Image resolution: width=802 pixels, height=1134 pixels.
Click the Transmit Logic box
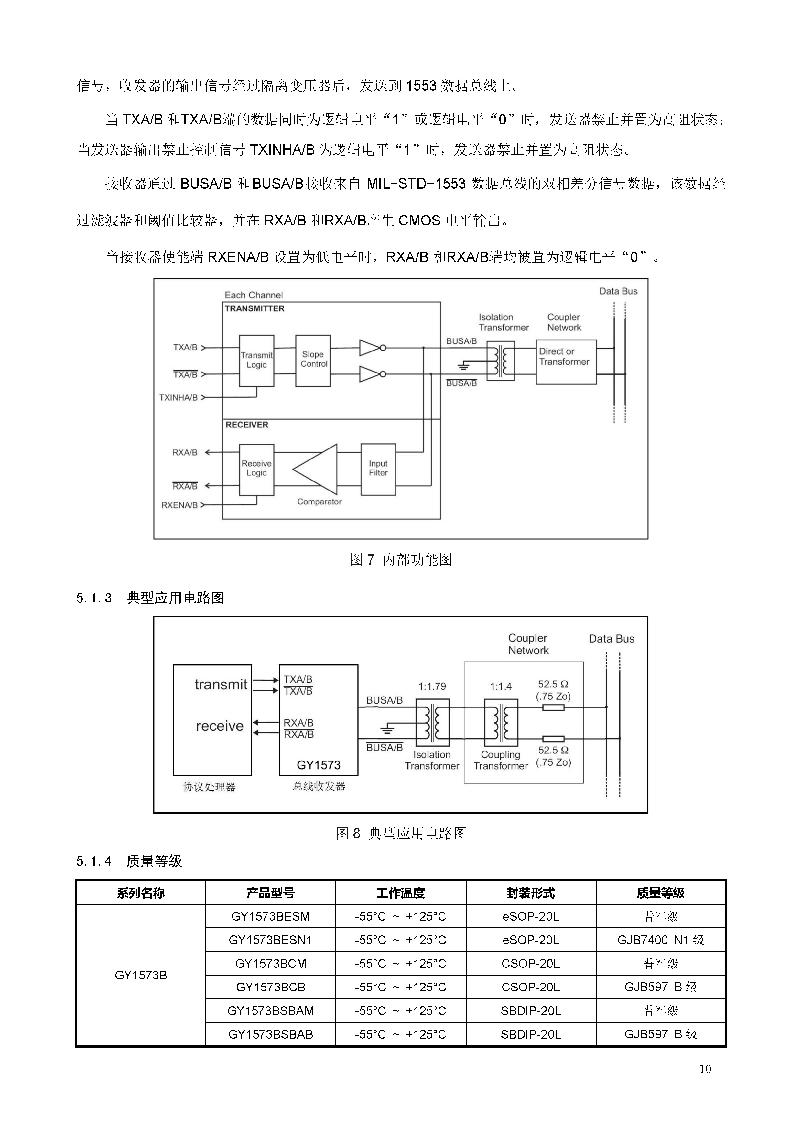[x=256, y=361]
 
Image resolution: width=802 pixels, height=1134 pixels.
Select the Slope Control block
[x=313, y=361]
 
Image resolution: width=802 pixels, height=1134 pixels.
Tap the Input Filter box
[x=378, y=469]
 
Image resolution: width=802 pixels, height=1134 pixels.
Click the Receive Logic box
[x=256, y=469]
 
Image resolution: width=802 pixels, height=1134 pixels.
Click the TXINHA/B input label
[x=178, y=398]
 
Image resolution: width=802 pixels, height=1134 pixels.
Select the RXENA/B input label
[x=179, y=505]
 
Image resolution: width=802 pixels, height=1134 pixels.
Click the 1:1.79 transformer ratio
[x=432, y=686]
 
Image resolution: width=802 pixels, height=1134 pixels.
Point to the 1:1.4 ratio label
[x=501, y=686]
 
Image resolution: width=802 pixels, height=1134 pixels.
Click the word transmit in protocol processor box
[x=221, y=685]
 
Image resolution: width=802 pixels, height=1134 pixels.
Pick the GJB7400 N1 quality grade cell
[x=660, y=940]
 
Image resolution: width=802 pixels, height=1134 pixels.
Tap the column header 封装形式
[x=530, y=893]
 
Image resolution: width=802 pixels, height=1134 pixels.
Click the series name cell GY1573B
[x=141, y=976]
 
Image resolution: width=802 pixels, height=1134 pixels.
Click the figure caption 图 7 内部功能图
[x=401, y=560]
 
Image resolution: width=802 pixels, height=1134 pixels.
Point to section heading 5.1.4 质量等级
[x=129, y=861]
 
